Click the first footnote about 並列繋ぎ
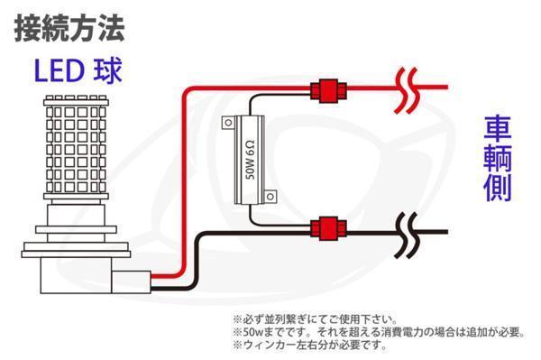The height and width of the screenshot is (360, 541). coord(307,318)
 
